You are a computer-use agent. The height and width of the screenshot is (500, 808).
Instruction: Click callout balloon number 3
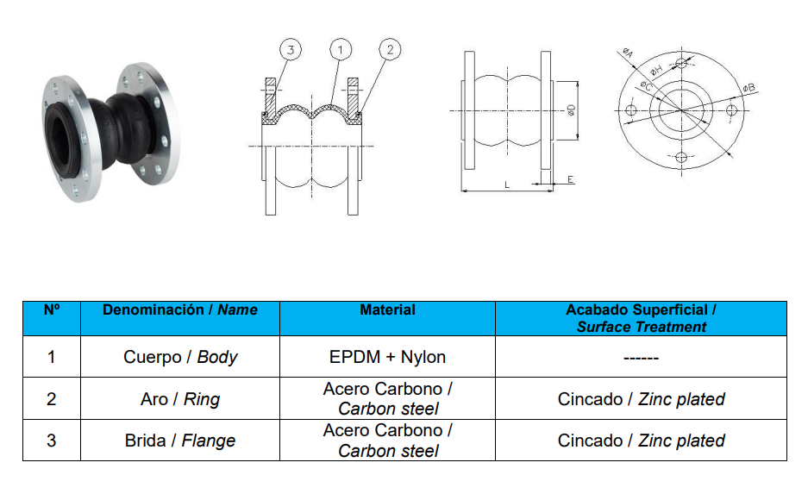(x=291, y=50)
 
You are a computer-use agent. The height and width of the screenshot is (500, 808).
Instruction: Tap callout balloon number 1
(x=340, y=50)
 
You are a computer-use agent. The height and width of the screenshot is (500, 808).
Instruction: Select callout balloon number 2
(x=390, y=49)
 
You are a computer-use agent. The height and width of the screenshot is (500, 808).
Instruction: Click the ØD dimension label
(x=571, y=109)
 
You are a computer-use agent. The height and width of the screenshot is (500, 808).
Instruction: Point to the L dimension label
(x=507, y=184)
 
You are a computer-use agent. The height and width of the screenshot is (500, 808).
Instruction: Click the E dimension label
(x=570, y=179)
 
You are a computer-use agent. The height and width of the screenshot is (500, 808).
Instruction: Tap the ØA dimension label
(x=628, y=52)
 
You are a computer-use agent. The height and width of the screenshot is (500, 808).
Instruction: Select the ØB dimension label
(x=748, y=88)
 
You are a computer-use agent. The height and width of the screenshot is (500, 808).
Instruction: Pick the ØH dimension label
(x=656, y=68)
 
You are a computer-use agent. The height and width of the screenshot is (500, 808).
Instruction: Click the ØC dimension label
(x=646, y=85)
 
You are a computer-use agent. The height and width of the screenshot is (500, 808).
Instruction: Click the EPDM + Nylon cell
(x=387, y=357)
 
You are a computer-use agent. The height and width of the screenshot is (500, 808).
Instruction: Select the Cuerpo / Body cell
(x=180, y=357)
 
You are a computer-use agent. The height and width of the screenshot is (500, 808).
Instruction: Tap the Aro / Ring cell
(x=180, y=399)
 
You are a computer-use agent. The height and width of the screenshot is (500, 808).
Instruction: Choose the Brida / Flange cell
(x=180, y=441)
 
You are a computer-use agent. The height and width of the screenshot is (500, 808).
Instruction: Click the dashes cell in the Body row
(x=641, y=357)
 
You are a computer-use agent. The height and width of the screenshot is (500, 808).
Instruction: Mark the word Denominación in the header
(x=153, y=310)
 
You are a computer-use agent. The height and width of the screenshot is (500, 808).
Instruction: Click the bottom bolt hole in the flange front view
(x=681, y=157)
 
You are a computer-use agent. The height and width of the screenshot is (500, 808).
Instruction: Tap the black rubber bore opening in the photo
(x=60, y=139)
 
